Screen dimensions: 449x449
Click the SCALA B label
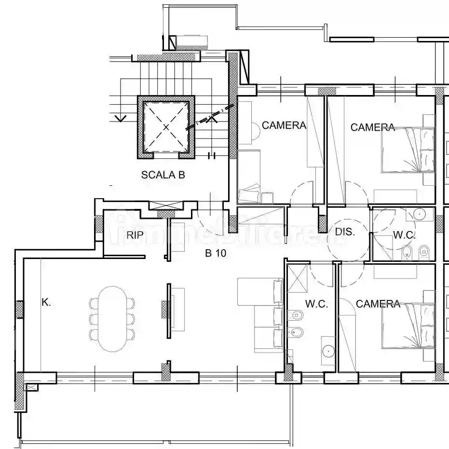(163, 175)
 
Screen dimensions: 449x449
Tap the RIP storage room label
(135, 235)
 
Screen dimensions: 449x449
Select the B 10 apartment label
(216, 253)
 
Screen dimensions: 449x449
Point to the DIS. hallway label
(345, 231)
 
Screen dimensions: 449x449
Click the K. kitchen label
(46, 302)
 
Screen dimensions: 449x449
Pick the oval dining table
(113, 319)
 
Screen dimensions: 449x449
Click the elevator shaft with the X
(166, 127)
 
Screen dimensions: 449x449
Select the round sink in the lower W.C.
(328, 351)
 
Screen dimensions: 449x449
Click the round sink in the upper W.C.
(420, 214)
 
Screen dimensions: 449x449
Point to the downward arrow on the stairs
(121, 118)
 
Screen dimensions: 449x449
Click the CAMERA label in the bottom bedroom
(378, 304)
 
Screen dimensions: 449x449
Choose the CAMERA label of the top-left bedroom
(284, 125)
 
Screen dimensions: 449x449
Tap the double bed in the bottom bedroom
(408, 326)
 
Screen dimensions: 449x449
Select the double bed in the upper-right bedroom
(408, 150)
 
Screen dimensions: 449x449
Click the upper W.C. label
(404, 235)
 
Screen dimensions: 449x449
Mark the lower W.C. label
(316, 304)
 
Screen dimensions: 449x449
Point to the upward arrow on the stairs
(212, 118)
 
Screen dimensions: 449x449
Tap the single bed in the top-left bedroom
(249, 177)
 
